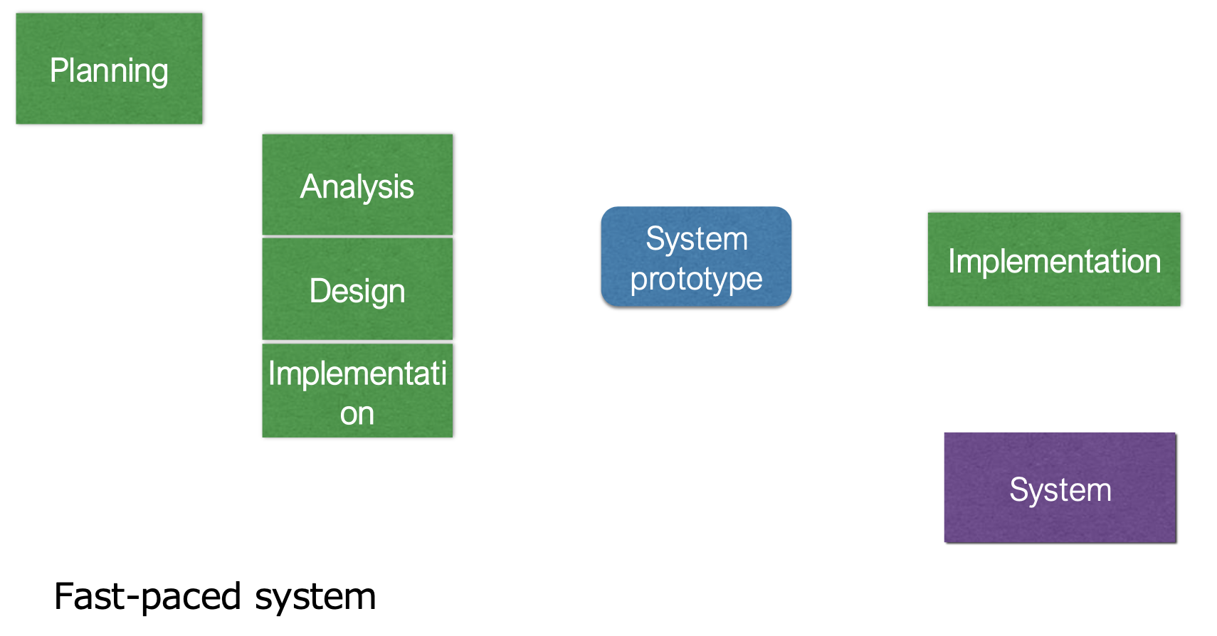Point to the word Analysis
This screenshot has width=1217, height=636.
pos(357,187)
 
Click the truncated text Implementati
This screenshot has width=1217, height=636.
pos(357,373)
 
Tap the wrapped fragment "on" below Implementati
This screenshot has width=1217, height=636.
pos(357,414)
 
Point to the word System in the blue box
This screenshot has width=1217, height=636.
pos(696,239)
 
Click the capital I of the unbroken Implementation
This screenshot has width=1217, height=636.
pos(952,261)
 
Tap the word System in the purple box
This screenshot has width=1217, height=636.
pos(1060,490)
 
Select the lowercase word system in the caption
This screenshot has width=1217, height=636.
pos(315,596)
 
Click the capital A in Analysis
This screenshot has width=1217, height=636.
pos(310,187)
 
